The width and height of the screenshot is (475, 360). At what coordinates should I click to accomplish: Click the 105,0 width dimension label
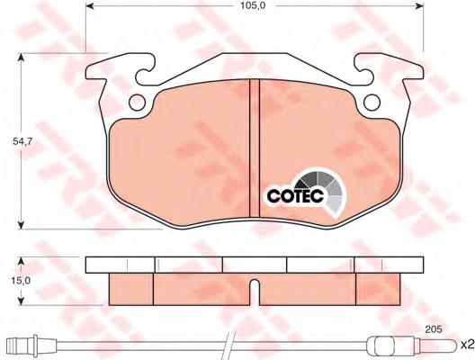(254, 5)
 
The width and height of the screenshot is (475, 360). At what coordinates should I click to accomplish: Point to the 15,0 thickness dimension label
(21, 281)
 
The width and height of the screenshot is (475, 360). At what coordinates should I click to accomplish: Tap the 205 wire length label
(434, 328)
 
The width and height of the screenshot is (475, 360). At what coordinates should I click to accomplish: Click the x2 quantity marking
(467, 345)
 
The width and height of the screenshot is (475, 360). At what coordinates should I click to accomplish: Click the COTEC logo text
(295, 196)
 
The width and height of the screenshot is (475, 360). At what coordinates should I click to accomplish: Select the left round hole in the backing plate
(137, 103)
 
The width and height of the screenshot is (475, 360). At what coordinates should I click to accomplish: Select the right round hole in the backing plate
(372, 103)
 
